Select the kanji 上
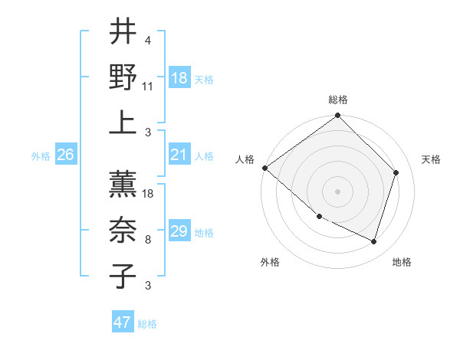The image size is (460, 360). point(123,122)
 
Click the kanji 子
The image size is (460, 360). point(123,276)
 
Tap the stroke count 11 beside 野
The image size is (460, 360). point(149,87)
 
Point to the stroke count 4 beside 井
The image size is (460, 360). point(147,41)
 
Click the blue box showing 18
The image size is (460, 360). point(179,79)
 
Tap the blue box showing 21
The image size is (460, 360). point(179,155)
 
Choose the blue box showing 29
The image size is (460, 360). point(179,232)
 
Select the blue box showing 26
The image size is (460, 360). point(65,155)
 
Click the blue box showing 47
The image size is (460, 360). point(122,322)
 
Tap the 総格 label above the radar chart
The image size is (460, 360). point(338,100)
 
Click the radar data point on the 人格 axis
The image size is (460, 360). point(264,168)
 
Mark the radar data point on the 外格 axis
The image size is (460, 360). point(319,217)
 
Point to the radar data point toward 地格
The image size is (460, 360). point(374,241)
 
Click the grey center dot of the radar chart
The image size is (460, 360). point(337,191)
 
